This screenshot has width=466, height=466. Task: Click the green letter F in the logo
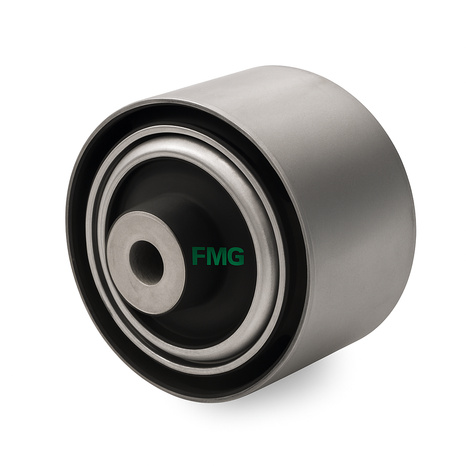[198, 256]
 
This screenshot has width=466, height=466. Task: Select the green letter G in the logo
[236, 256]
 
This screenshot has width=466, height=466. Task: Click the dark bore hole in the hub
[146, 263]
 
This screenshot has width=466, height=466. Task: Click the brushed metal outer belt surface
[342, 208]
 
